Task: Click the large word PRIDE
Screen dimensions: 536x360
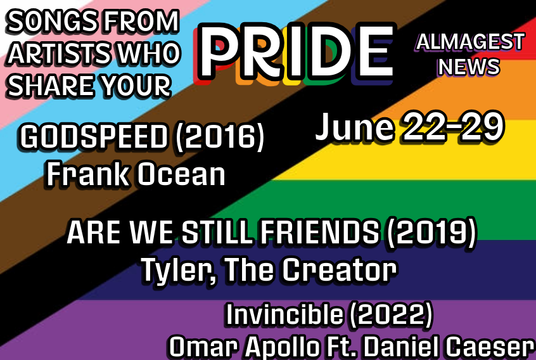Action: tap(296, 53)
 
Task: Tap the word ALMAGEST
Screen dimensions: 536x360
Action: tap(470, 42)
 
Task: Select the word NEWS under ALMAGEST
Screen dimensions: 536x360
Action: tap(469, 67)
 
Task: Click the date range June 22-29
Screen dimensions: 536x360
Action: tap(409, 127)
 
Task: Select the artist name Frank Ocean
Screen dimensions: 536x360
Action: tap(136, 174)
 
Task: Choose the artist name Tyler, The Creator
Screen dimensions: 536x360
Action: tap(269, 270)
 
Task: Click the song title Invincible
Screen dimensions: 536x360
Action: tap(284, 314)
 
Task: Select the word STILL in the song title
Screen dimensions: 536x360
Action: tap(217, 233)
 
